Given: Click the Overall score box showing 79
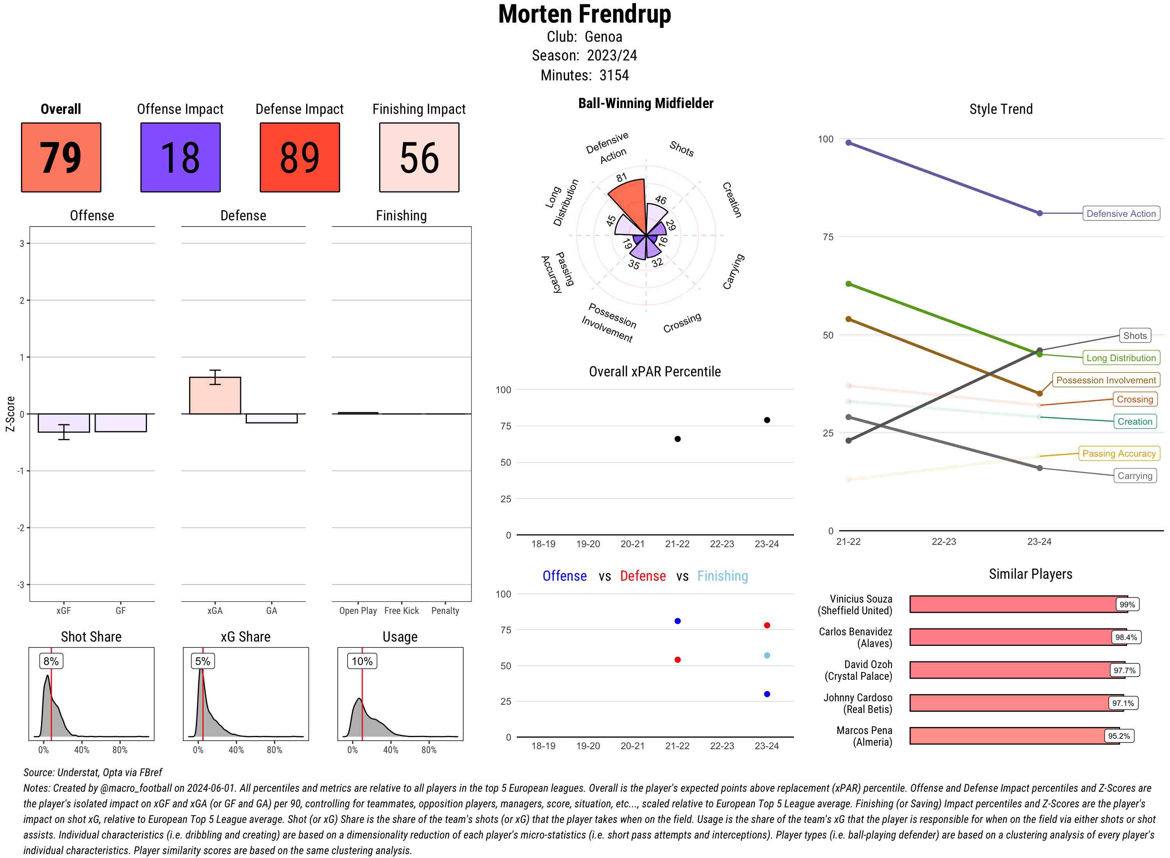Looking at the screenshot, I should pyautogui.click(x=61, y=158).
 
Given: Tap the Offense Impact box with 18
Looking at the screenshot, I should pyautogui.click(x=180, y=158).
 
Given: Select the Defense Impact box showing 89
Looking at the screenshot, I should pyautogui.click(x=300, y=158).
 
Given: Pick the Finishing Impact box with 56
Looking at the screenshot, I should pyautogui.click(x=419, y=158).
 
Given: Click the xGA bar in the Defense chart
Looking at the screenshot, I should pyautogui.click(x=215, y=396).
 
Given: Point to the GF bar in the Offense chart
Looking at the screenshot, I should pyautogui.click(x=121, y=423).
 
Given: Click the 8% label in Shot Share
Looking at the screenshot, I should pyautogui.click(x=51, y=661).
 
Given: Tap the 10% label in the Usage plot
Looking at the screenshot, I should pyautogui.click(x=362, y=661).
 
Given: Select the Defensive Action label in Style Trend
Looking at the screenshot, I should pyautogui.click(x=1121, y=213).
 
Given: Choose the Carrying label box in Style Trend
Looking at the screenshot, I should pyautogui.click(x=1135, y=476).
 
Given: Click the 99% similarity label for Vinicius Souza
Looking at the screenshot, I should pyautogui.click(x=1127, y=604).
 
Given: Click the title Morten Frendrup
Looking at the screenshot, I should pyautogui.click(x=584, y=14).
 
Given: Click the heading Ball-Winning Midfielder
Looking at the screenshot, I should pyautogui.click(x=645, y=103).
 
